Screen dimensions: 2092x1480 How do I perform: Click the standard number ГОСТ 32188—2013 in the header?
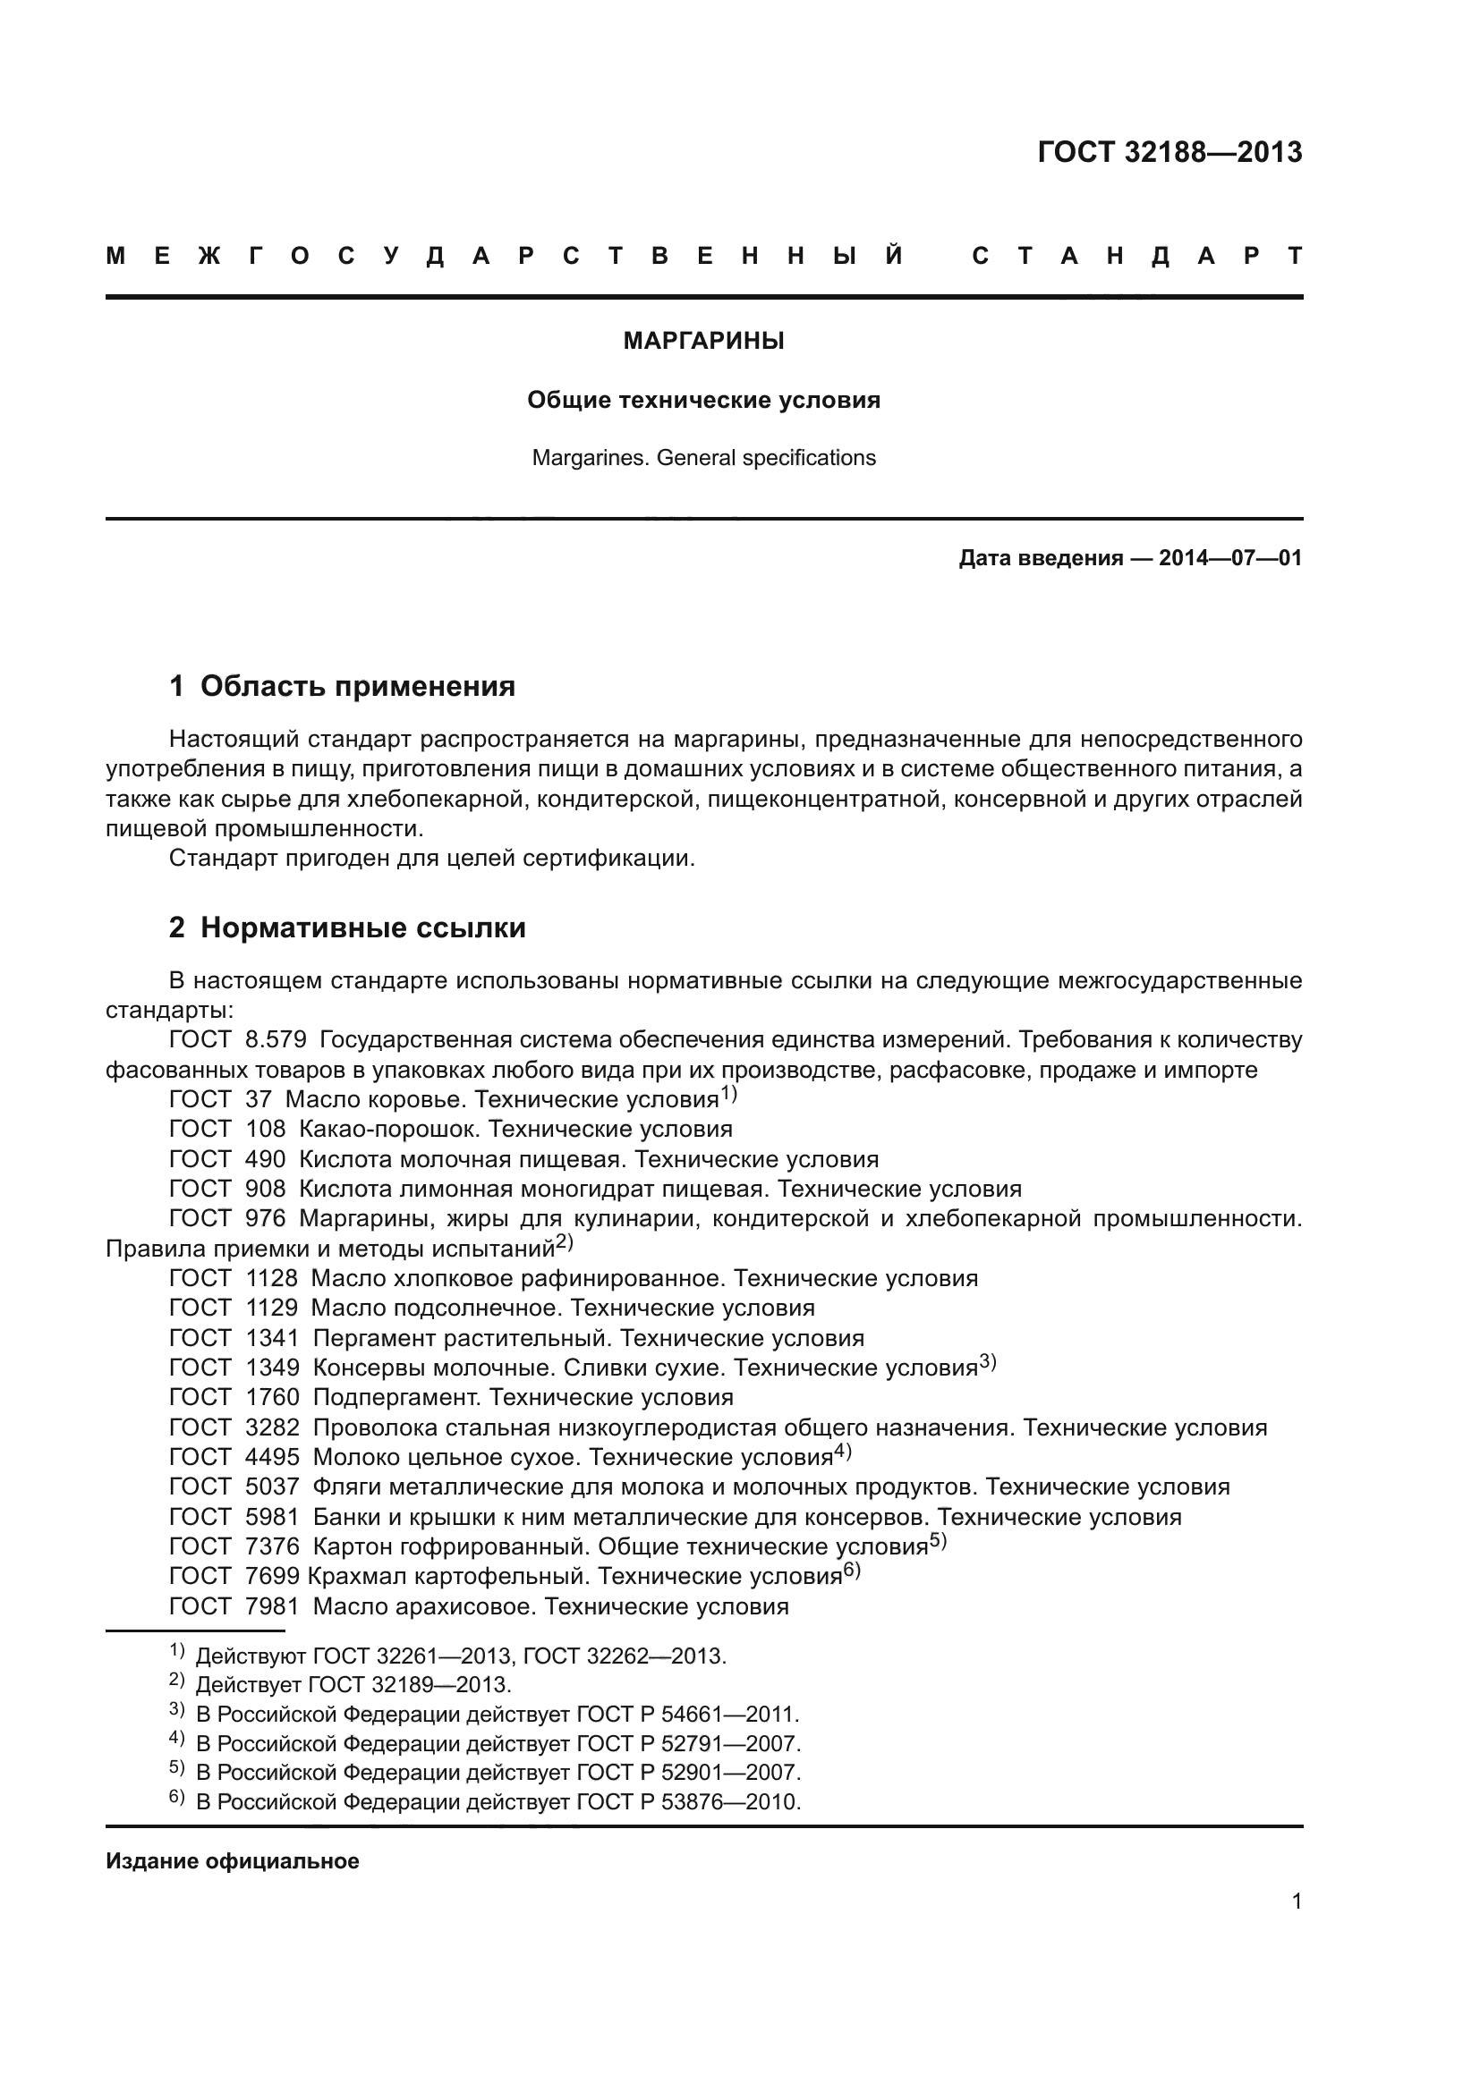1170,152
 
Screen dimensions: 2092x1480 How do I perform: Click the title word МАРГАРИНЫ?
703,341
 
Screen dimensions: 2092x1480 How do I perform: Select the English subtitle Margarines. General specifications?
703,457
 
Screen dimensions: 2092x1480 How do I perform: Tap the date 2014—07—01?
1230,557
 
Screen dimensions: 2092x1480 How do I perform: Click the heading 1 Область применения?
342,686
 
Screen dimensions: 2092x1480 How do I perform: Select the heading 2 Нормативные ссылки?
347,927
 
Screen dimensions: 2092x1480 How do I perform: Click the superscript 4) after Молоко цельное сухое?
842,1453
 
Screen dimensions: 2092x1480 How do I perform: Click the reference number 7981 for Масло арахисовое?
272,1606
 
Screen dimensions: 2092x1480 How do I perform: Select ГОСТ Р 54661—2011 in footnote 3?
688,1715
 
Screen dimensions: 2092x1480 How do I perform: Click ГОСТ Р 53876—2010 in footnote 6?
689,1802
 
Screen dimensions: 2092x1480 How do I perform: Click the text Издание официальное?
233,1861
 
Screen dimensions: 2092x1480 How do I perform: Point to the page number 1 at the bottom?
1296,1901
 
